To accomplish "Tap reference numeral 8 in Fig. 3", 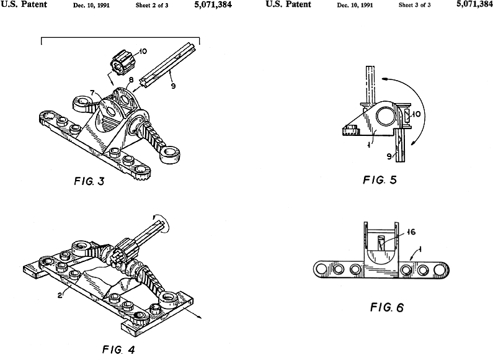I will coord(131,79).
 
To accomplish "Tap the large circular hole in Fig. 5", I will coord(382,116).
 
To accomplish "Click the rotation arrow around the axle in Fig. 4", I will coord(162,219).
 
